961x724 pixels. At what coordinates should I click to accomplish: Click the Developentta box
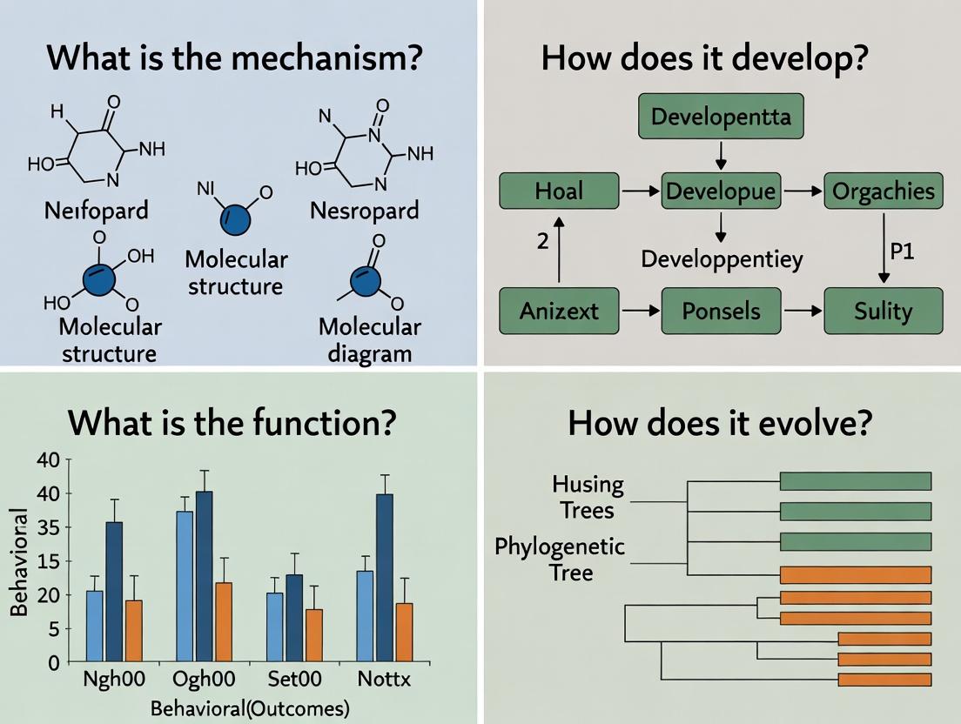click(x=720, y=117)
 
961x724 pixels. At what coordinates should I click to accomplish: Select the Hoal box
click(x=559, y=191)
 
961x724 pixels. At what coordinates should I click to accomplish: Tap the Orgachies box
click(x=883, y=191)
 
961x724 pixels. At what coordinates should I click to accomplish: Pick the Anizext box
click(x=559, y=311)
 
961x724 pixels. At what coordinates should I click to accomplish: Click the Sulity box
click(x=883, y=311)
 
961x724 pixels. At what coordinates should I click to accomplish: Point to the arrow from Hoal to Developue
click(x=639, y=191)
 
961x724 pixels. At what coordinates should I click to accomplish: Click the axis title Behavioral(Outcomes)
click(x=250, y=708)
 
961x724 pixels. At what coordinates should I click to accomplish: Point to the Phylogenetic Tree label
click(x=560, y=560)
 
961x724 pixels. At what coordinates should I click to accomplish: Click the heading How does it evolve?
click(x=720, y=423)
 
